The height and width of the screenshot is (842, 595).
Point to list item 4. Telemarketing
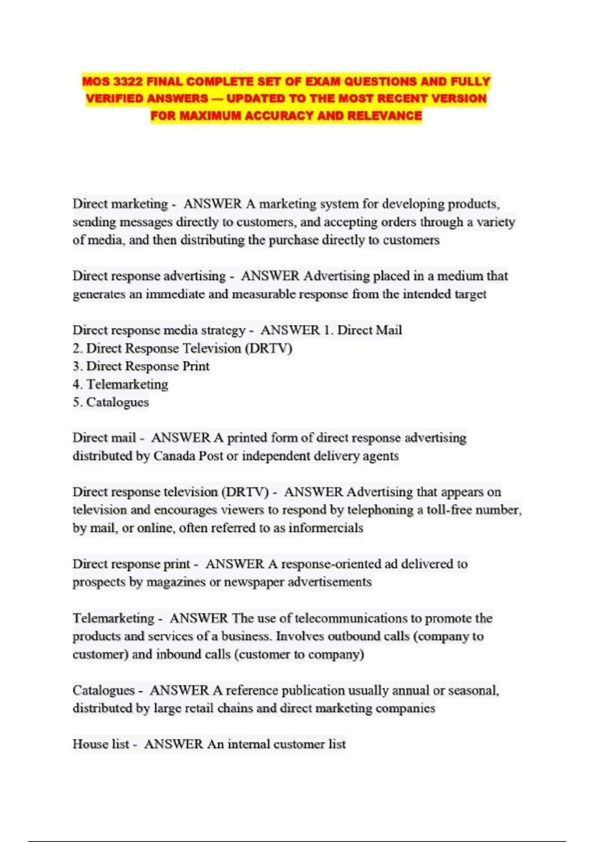tap(120, 384)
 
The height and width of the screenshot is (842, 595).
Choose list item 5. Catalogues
tap(111, 402)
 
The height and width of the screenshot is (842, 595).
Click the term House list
tap(101, 744)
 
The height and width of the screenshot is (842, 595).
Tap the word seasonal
tap(473, 690)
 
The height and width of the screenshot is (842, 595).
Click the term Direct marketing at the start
tap(120, 204)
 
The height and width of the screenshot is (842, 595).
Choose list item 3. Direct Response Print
tap(141, 366)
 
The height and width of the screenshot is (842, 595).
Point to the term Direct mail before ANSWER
tap(104, 438)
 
